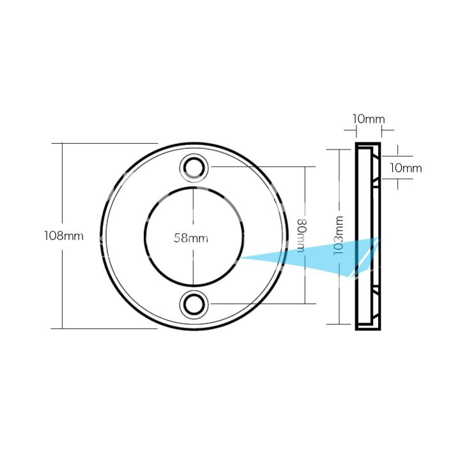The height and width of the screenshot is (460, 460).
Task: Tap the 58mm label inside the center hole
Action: [x=192, y=238]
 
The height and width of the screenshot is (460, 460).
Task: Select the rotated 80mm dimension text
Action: [x=302, y=235]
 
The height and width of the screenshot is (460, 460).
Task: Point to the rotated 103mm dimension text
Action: [x=339, y=236]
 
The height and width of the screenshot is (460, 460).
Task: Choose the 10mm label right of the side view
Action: [x=405, y=168]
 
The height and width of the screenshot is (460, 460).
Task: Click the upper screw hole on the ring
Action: [x=193, y=166]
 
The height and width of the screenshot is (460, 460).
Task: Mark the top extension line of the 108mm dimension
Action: [x=109, y=143]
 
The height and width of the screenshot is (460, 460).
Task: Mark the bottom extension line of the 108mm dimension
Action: [x=109, y=328]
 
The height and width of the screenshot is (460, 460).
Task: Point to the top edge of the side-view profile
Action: [x=367, y=144]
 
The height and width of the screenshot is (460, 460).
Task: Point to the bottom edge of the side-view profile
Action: [x=367, y=330]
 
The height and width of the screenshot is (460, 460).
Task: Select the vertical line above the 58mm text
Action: [x=192, y=208]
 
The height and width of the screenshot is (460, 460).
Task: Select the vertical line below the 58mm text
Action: [x=192, y=265]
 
